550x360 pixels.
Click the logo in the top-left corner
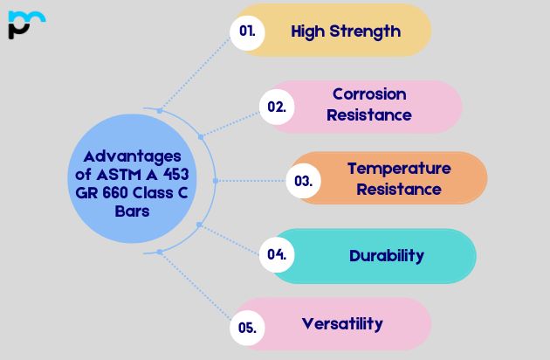[x=25, y=24]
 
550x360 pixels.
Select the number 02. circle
[x=277, y=107]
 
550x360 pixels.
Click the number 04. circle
[x=278, y=255]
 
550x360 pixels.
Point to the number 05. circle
[x=247, y=329]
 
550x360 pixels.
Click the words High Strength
[x=346, y=31]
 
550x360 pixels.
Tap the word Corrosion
[x=369, y=93]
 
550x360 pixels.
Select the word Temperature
[x=399, y=168]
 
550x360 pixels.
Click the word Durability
[x=387, y=256]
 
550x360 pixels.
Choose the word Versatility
[x=342, y=323]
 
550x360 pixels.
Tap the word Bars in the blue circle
[x=132, y=211]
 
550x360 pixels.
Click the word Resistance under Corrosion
[x=369, y=114]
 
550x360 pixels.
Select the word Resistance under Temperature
[x=399, y=189]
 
